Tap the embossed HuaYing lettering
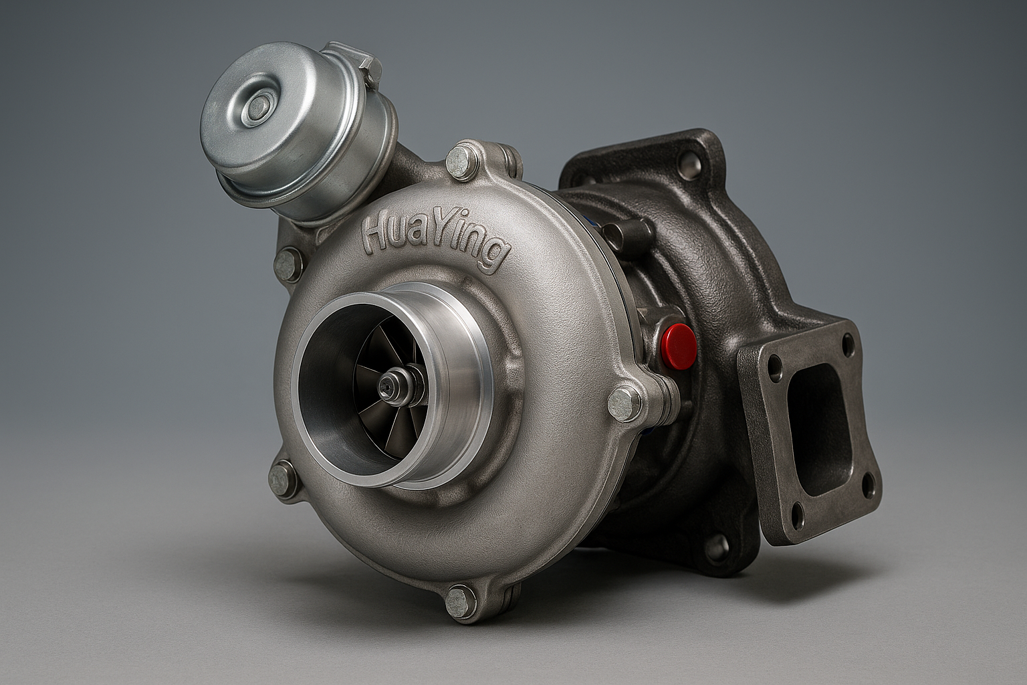435,241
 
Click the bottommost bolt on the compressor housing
460,601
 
